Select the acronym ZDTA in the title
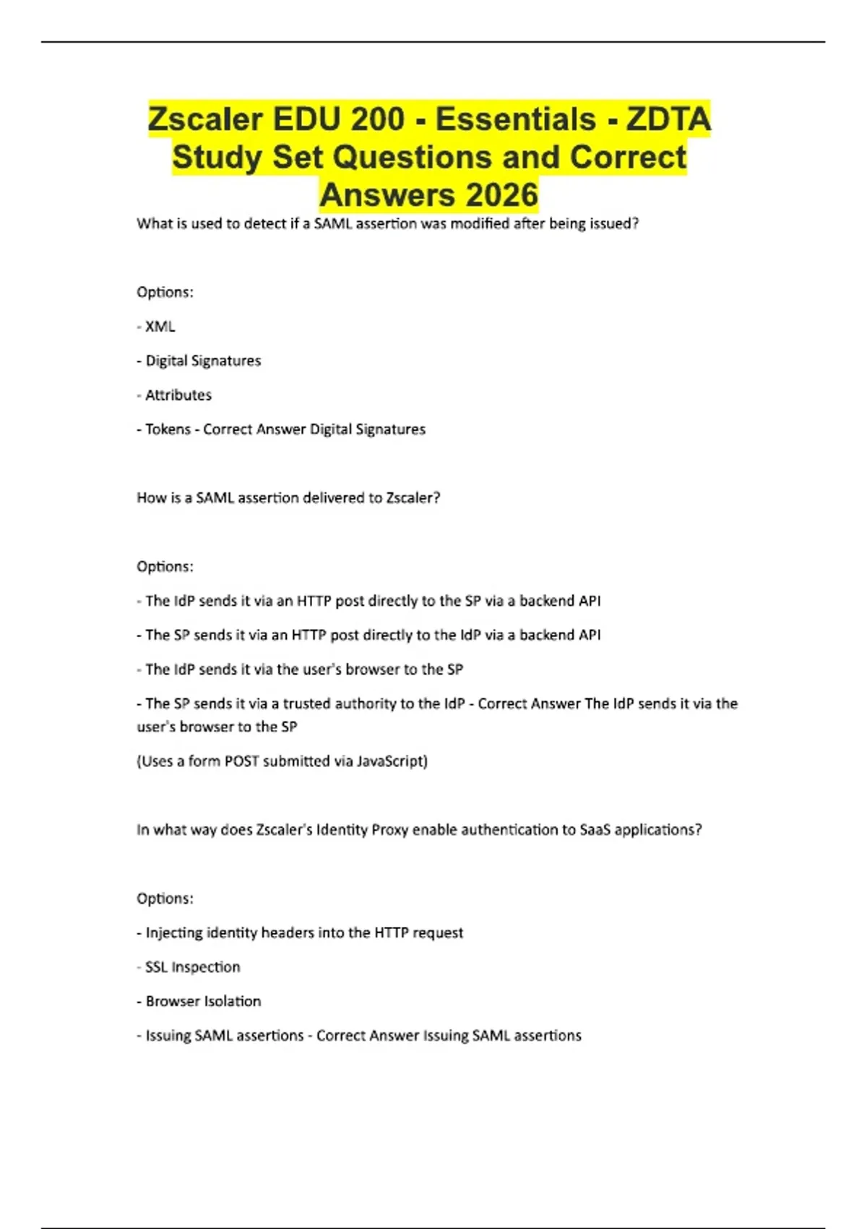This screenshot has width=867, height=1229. coord(668,119)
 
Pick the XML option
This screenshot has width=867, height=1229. coord(160,327)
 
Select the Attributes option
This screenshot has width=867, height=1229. coord(178,395)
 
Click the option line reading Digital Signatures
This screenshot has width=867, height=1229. coord(203,361)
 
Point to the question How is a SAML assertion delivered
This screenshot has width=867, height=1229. coord(288,498)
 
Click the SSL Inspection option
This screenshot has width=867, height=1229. coord(192,967)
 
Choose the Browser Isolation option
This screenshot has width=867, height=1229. coord(203,1001)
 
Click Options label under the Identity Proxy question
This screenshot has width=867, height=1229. coord(165,899)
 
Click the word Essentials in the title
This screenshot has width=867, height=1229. coord(515,119)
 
